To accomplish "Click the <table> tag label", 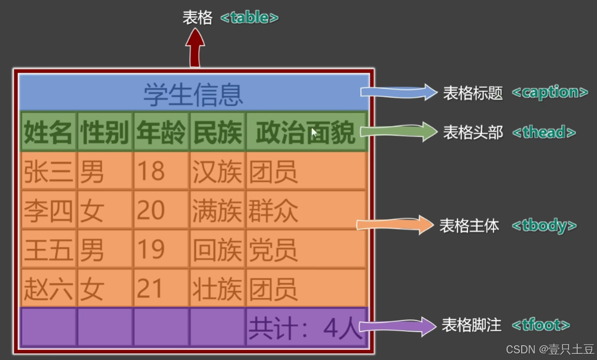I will click(249, 18).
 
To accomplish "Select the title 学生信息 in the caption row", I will click(194, 94).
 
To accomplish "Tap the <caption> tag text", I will click(549, 92).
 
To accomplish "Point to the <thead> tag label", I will click(544, 133).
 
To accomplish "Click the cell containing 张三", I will click(48, 172).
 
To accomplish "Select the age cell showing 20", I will click(161, 210).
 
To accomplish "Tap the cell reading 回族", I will click(217, 249).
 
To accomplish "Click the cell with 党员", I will click(305, 249).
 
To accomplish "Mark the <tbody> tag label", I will click(544, 225).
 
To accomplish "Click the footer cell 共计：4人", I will click(305, 328).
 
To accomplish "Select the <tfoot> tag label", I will click(541, 325).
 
